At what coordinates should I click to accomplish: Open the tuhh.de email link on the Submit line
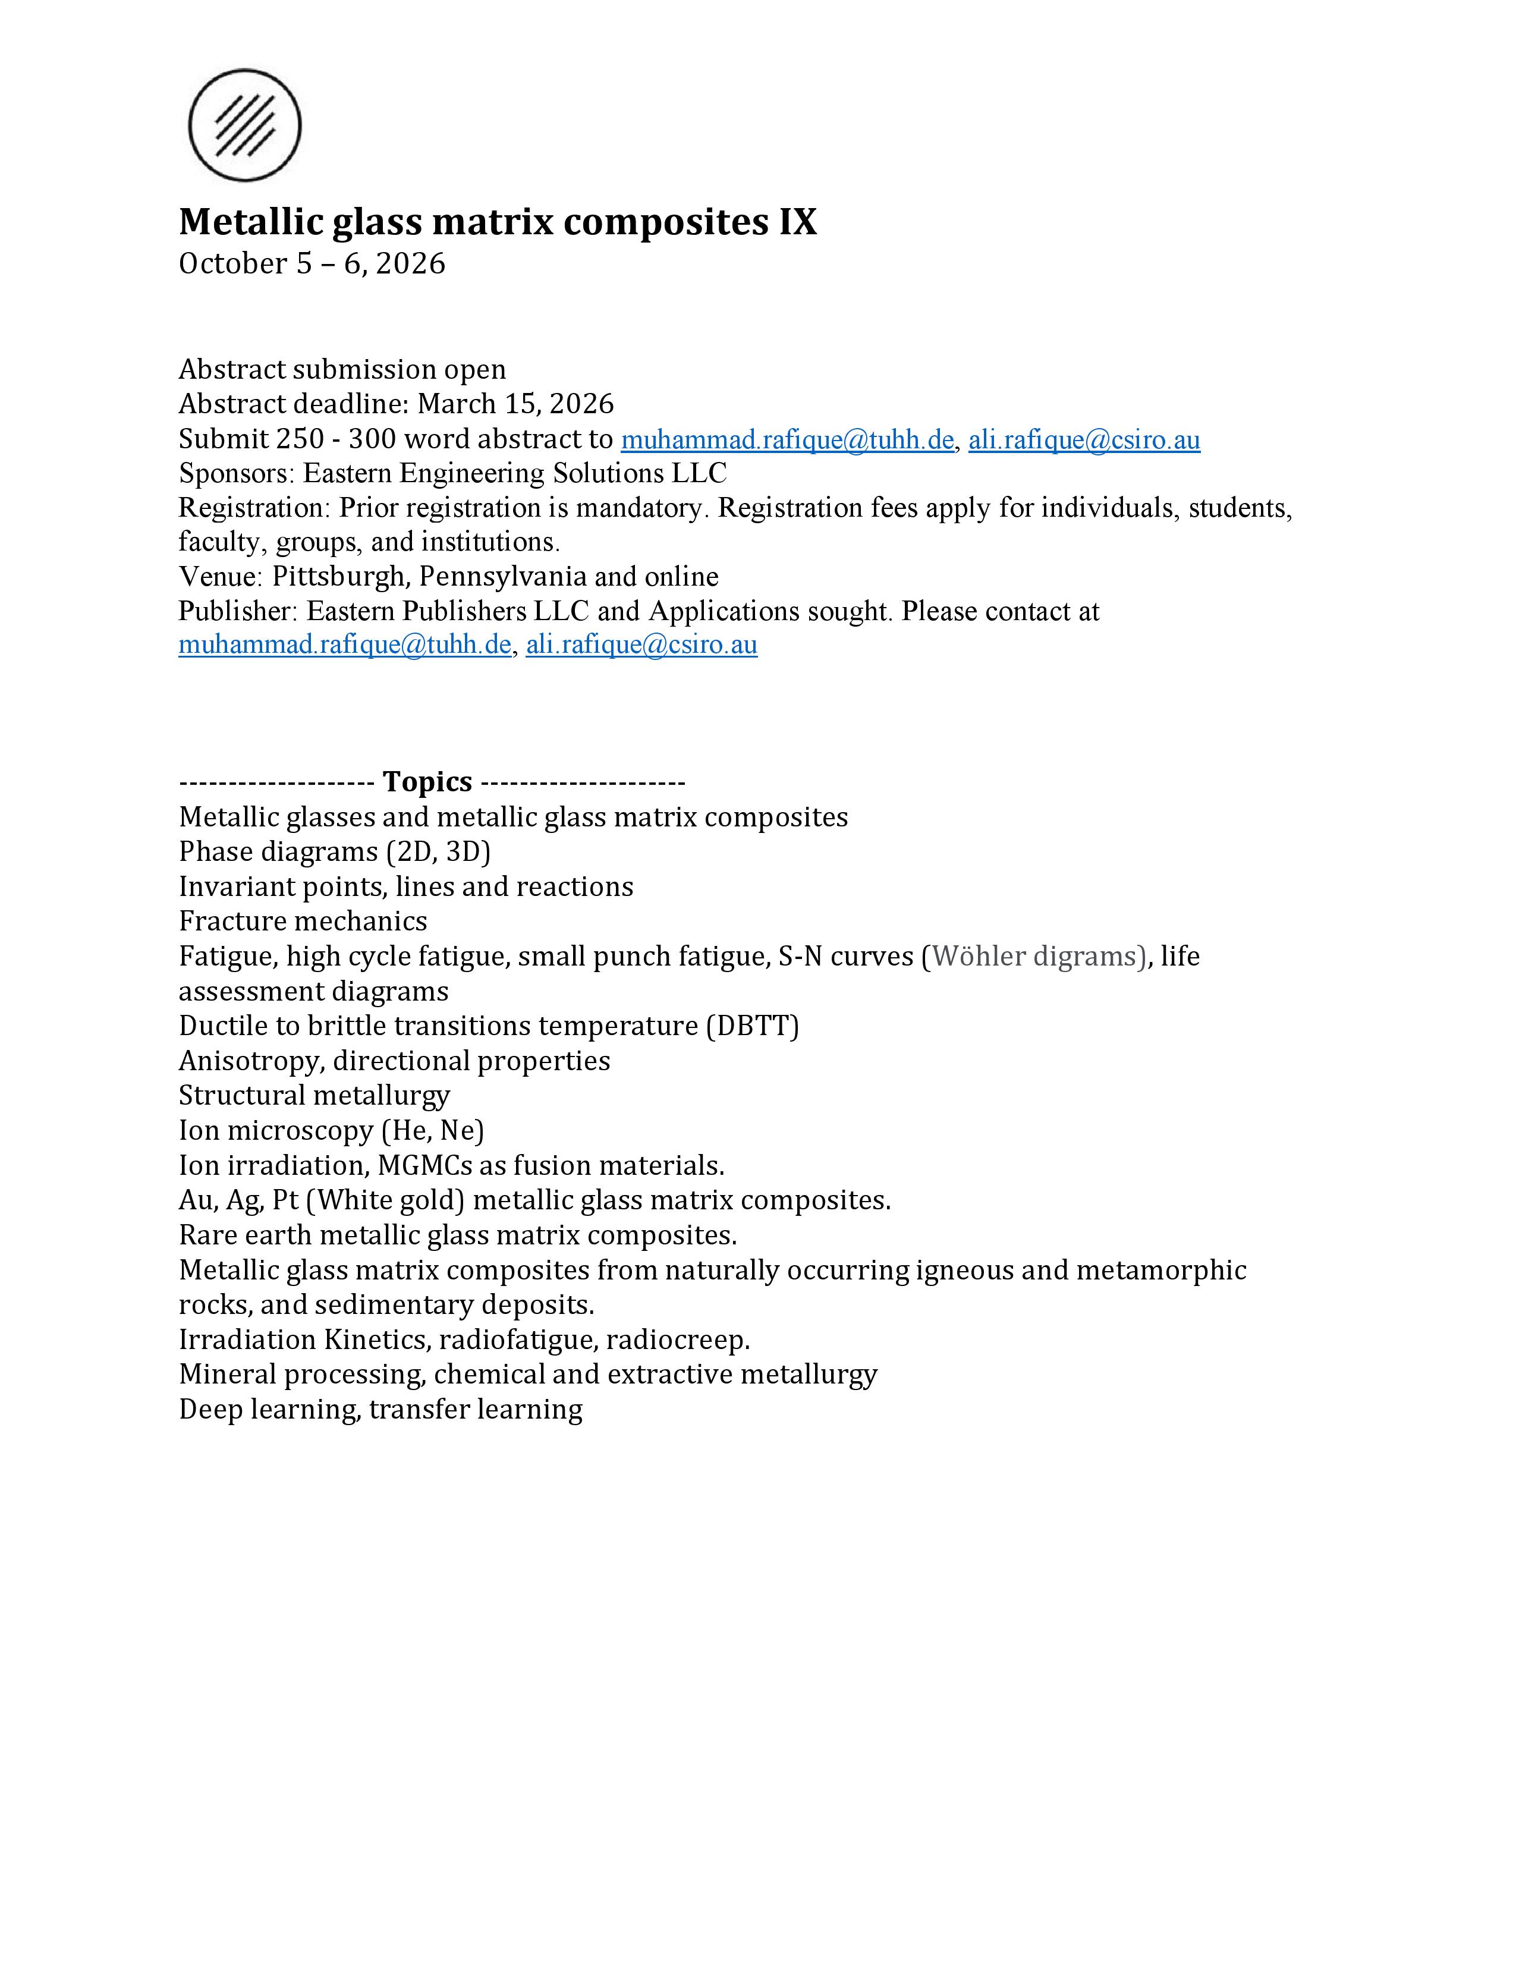pos(787,440)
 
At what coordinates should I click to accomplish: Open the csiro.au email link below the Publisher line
pos(641,645)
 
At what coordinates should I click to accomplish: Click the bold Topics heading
pos(427,782)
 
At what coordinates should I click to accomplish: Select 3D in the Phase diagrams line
pos(464,851)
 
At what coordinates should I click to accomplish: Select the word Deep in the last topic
pos(210,1410)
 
